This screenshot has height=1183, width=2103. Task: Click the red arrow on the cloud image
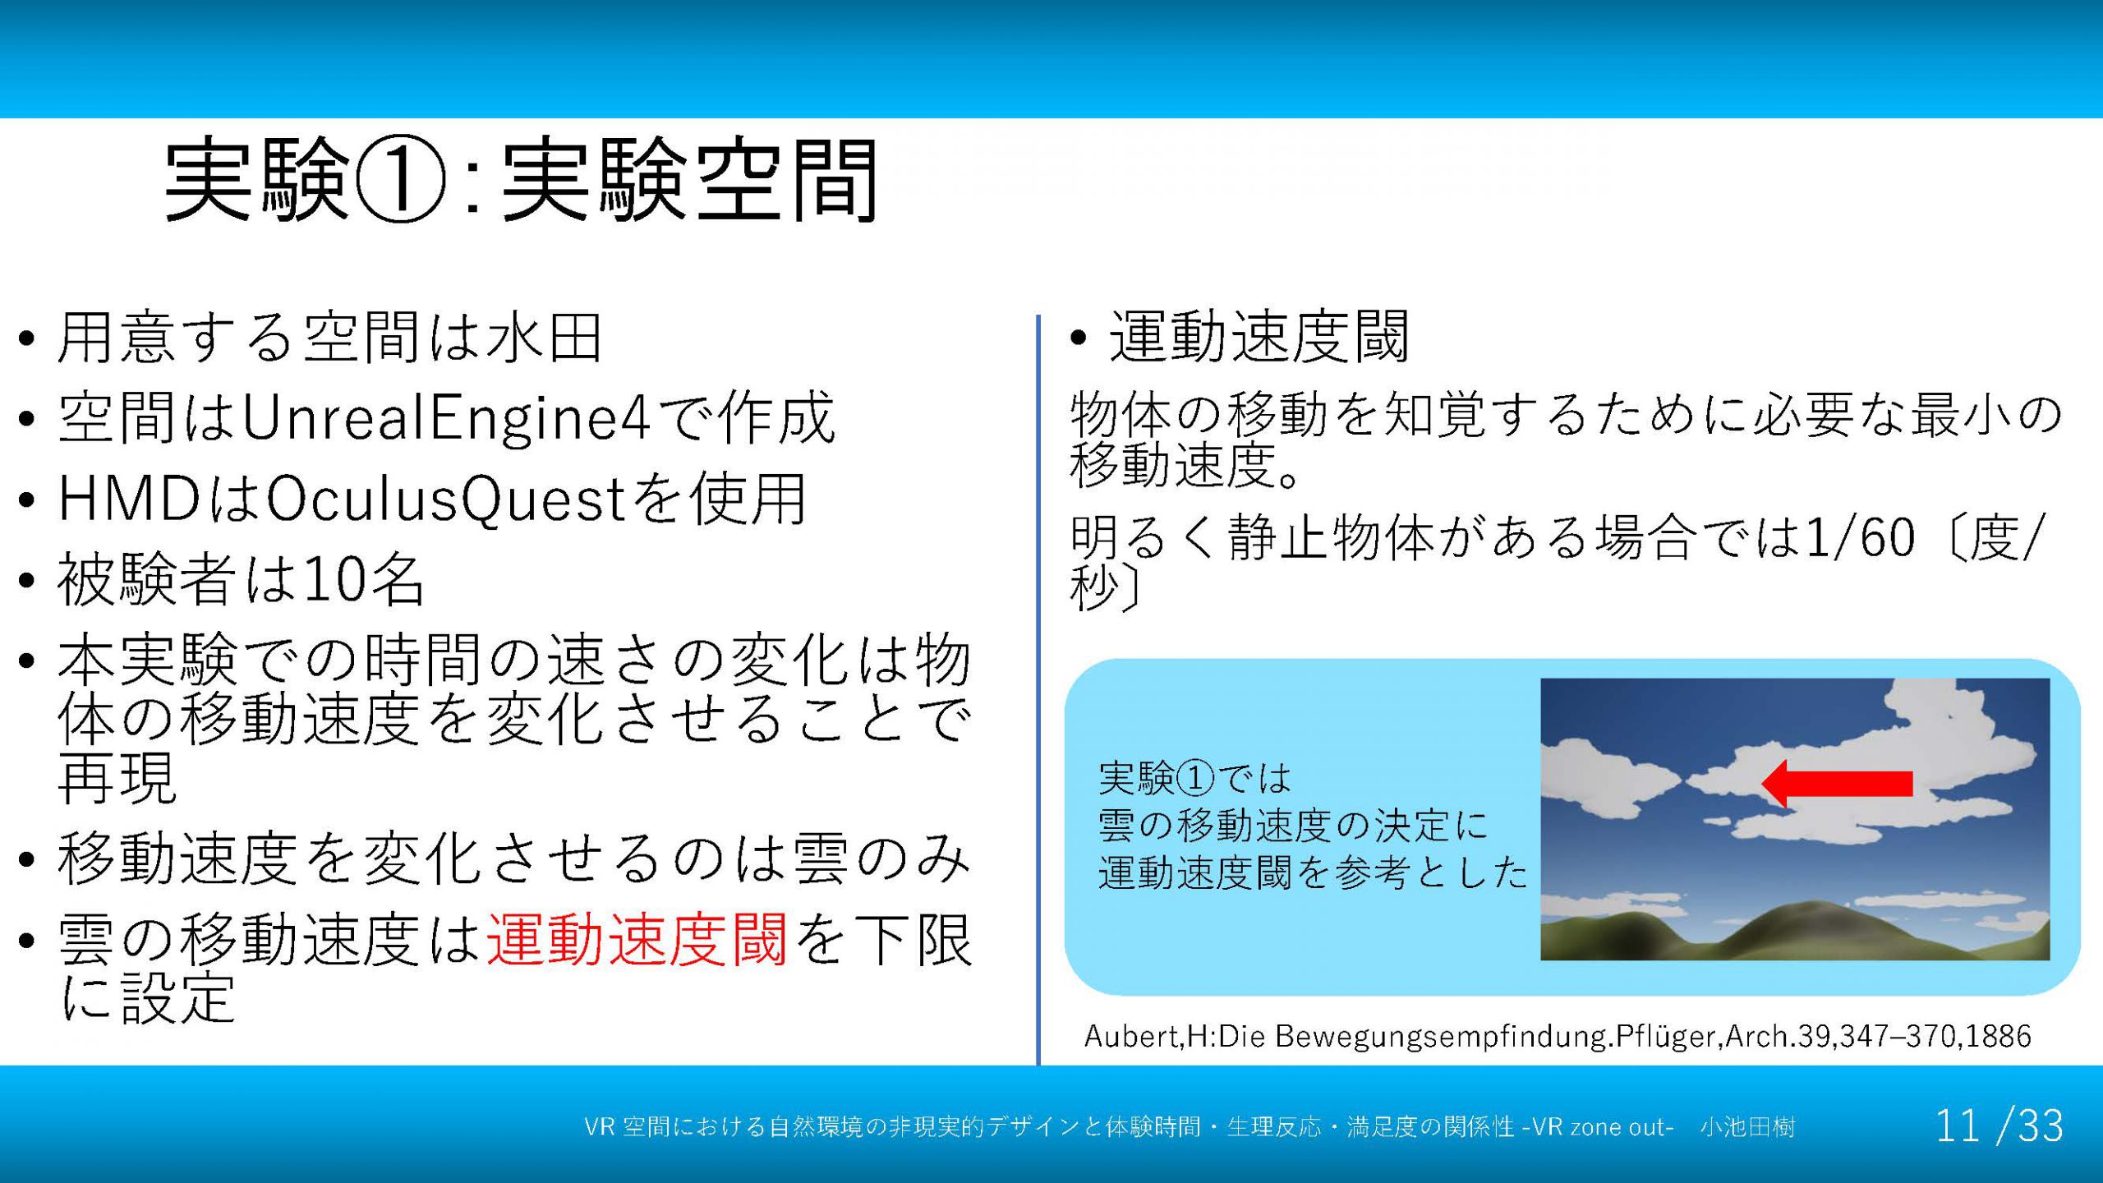pos(1838,784)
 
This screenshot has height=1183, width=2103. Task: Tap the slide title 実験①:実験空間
pos(522,181)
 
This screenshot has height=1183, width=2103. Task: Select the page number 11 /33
pos(1999,1125)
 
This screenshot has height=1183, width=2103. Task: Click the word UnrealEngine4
pos(446,418)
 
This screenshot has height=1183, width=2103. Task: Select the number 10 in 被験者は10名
pos(334,580)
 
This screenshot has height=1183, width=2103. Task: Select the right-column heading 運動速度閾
pos(1259,337)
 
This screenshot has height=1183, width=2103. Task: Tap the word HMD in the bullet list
pos(131,499)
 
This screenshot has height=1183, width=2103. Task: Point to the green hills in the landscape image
pos(1794,933)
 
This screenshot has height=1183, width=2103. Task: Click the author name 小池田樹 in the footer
pos(1747,1126)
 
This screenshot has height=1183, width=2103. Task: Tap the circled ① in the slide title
pos(400,181)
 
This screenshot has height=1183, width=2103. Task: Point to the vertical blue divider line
pos(1038,690)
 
